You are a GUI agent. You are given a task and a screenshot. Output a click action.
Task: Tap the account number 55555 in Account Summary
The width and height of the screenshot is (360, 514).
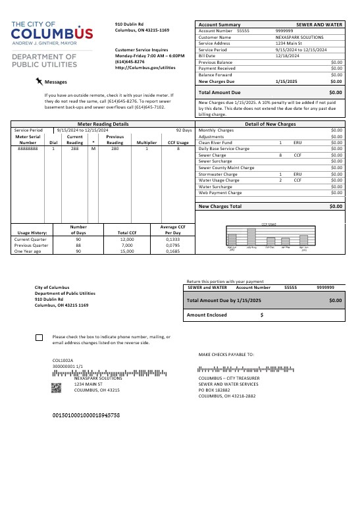pos(243,31)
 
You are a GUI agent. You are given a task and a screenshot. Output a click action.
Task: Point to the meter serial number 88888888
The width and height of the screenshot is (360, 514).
pos(28,149)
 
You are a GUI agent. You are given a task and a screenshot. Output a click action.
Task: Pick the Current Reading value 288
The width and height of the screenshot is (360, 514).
pos(75,149)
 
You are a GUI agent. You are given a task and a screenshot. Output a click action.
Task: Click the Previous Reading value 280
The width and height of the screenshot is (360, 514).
pos(115,149)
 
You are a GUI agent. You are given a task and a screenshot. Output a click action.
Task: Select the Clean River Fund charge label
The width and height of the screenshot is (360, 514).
pos(215,143)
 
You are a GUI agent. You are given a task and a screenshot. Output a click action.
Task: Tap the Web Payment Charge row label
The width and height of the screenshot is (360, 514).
pos(220,193)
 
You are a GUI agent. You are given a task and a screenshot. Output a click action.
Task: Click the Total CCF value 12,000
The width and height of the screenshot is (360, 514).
pos(127,239)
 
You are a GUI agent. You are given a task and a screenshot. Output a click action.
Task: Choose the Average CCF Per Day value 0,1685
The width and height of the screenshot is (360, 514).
pos(172,251)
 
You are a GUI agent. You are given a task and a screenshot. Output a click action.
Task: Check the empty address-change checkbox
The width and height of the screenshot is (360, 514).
pos(39,338)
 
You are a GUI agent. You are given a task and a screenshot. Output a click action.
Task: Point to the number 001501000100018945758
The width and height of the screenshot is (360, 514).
pos(86,415)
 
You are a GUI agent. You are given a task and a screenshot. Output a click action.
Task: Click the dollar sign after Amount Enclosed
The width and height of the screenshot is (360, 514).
pos(262,315)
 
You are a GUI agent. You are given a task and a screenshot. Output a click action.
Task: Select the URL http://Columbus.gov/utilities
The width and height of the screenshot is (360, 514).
pos(145,67)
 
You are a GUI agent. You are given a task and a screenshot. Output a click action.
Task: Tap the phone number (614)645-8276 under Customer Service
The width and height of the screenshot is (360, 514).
pos(130,61)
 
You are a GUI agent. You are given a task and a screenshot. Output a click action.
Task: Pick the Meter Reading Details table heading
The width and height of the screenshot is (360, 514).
pos(103,124)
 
